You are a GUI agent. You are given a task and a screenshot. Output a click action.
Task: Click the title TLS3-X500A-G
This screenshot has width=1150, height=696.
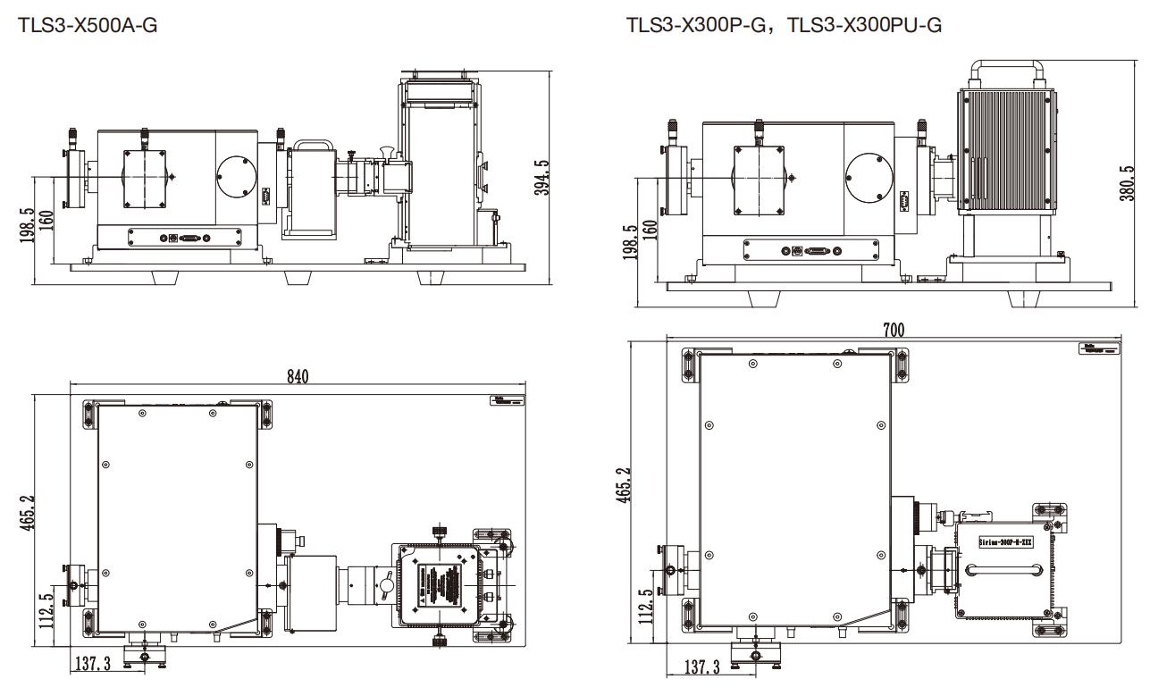coord(88,25)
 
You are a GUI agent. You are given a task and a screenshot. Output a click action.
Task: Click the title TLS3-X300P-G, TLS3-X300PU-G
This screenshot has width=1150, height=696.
coord(784,25)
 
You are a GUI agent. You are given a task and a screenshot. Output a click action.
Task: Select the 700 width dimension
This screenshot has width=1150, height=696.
coord(893,331)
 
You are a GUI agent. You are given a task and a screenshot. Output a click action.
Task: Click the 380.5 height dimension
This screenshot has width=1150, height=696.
coord(1127,182)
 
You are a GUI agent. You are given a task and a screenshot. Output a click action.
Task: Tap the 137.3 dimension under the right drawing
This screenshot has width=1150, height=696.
coord(701,667)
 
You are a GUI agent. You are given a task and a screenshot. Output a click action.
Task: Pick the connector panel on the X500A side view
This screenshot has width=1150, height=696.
coord(185,238)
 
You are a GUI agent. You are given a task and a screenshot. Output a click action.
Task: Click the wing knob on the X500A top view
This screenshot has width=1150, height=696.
coord(386,586)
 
